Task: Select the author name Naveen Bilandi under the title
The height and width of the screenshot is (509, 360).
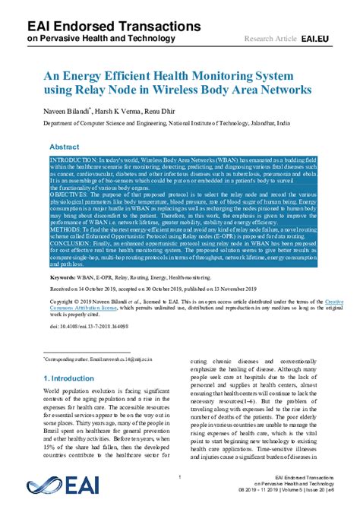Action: [x=65, y=110]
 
